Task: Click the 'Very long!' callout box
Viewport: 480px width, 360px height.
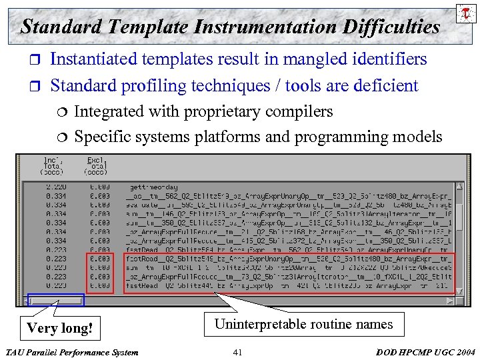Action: [x=59, y=328]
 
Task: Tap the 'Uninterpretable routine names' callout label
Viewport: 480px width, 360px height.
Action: [x=303, y=325]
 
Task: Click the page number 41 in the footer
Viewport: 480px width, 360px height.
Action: [x=238, y=352]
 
